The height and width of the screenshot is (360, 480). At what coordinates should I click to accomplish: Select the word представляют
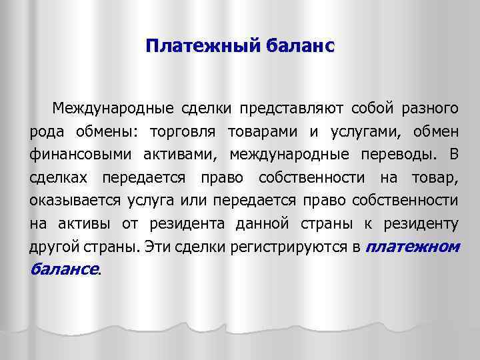pos(292,107)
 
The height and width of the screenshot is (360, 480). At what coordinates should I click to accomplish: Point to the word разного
pos(430,107)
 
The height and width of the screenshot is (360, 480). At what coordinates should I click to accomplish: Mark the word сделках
pos(60,178)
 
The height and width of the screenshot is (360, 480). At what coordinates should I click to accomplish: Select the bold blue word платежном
pos(413,247)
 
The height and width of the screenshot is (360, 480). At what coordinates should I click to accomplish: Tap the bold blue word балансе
pos(63,270)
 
